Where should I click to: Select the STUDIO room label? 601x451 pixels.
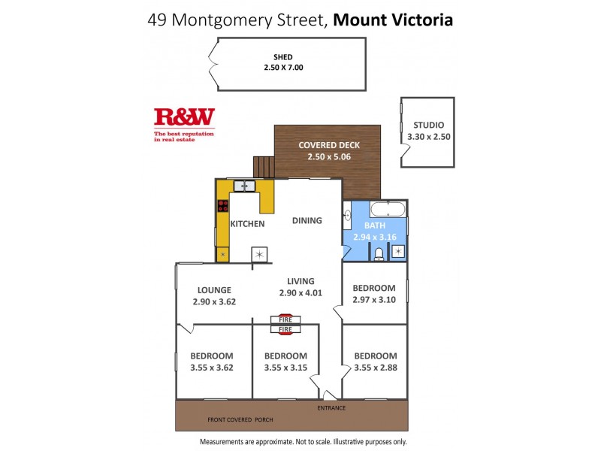(427, 126)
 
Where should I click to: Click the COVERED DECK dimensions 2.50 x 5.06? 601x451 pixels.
(328, 157)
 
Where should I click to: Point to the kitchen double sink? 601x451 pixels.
(245, 186)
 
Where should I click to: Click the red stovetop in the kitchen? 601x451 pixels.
(222, 207)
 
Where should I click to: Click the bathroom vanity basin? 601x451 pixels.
(348, 219)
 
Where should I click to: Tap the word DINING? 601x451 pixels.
(307, 221)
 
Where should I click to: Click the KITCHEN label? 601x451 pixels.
(247, 224)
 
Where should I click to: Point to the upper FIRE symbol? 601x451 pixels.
(285, 319)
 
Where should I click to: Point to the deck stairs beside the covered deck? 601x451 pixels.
(263, 166)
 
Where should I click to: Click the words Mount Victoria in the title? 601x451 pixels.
(393, 20)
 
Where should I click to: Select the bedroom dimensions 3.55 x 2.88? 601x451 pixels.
(375, 368)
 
